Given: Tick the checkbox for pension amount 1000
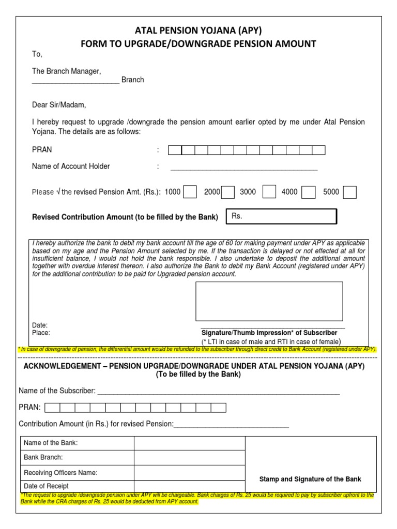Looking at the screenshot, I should (x=190, y=192).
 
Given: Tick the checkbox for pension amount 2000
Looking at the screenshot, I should (x=228, y=192).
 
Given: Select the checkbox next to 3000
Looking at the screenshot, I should (x=269, y=192).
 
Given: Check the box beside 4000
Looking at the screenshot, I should (x=309, y=192).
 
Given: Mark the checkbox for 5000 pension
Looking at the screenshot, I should (x=350, y=192).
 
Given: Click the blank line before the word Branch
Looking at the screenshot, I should (x=75, y=80).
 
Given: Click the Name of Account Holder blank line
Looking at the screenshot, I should (x=243, y=167).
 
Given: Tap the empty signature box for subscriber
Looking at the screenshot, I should (x=269, y=301).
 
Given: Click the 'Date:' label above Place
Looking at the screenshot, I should (x=40, y=325).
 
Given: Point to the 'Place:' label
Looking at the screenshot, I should (x=41, y=333).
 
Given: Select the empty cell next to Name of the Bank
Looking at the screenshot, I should (x=189, y=443).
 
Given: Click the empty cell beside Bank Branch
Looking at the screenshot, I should (x=189, y=458).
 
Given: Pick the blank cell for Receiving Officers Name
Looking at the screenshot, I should (x=189, y=472).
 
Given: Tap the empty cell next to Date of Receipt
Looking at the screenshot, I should (x=189, y=486).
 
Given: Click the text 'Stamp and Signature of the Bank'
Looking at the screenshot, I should (x=310, y=479).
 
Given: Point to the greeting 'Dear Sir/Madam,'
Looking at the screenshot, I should (x=59, y=105).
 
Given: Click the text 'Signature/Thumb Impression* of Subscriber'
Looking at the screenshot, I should (x=269, y=333).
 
